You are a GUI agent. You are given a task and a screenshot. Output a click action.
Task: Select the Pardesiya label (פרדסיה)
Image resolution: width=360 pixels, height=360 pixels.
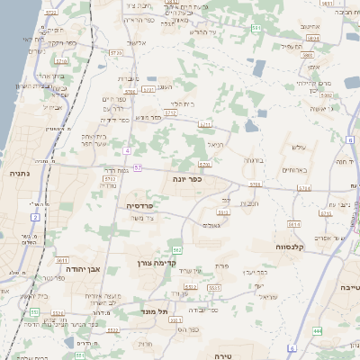139,205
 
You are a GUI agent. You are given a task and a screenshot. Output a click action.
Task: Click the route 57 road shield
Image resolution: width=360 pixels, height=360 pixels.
138,167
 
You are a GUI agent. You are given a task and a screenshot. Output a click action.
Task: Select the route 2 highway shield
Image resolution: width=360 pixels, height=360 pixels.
35,217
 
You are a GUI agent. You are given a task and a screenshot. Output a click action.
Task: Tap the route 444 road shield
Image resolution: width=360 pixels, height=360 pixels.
317,331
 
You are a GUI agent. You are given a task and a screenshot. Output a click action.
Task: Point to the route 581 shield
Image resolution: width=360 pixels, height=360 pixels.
257,29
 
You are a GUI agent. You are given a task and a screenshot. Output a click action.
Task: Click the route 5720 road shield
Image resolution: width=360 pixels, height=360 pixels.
204,165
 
